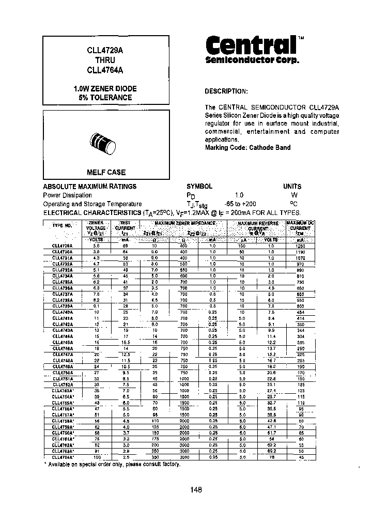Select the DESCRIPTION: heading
[x=226, y=91]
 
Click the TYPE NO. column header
[x=63, y=225]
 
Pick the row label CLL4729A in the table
[x=63, y=246]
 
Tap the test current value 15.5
[x=125, y=343]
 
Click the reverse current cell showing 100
[x=242, y=246]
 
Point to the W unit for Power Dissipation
[x=294, y=195]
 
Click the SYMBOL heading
[x=199, y=187]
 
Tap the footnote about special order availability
[x=113, y=465]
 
